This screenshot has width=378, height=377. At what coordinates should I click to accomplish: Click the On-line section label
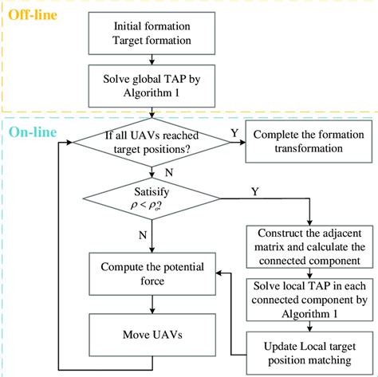tap(33, 132)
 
